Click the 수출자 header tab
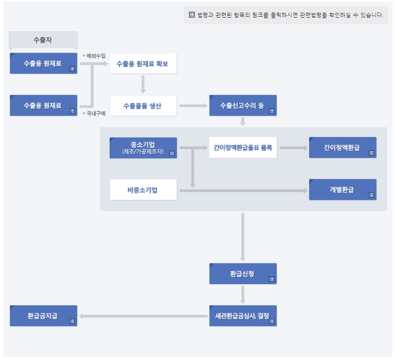coord(43,39)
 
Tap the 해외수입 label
coord(96,56)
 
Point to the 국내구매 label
coord(96,113)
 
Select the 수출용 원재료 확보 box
coord(143,64)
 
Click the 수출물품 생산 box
coord(143,106)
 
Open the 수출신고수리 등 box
coord(242,106)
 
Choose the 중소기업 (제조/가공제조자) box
coord(143,148)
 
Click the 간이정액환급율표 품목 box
coord(242,148)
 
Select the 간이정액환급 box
coord(342,148)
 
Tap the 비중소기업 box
coord(143,190)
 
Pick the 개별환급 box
coord(342,190)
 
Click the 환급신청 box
coord(242,274)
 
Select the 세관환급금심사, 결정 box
coord(242,316)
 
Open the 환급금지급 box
coord(43,316)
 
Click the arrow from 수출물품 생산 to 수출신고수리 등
coord(193,106)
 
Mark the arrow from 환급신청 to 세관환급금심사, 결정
coord(243,294)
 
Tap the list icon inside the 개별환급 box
coord(371,195)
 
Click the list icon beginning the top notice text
coord(192,15)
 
